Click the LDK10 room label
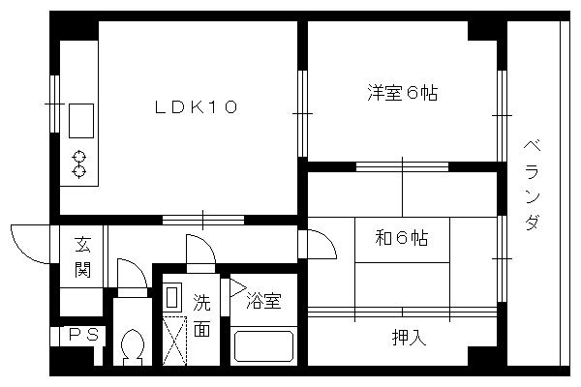pyautogui.click(x=196, y=107)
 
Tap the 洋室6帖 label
pyautogui.click(x=403, y=93)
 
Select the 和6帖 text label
pyautogui.click(x=402, y=238)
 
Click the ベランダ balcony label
pyautogui.click(x=532, y=185)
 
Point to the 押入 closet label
pyautogui.click(x=409, y=337)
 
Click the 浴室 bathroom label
pyautogui.click(x=264, y=301)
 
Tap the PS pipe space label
pyautogui.click(x=84, y=335)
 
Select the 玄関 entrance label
pyautogui.click(x=82, y=256)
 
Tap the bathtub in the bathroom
pyautogui.click(x=263, y=346)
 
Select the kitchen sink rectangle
pyautogui.click(x=81, y=121)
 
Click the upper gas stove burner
pyautogui.click(x=79, y=157)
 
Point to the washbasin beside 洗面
pyautogui.click(x=172, y=297)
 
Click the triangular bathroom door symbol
pyautogui.click(x=238, y=287)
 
